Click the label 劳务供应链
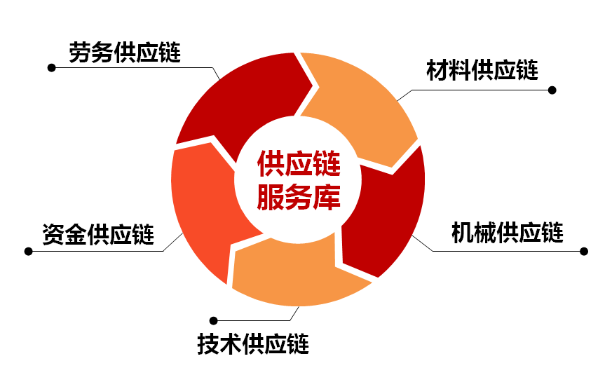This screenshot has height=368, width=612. point(124,53)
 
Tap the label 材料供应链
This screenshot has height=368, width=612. point(482,71)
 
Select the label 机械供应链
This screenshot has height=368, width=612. point(507,232)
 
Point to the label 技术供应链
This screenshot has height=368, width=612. point(252,344)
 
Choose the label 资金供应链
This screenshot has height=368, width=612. point(97,233)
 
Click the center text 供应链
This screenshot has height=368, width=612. point(299,165)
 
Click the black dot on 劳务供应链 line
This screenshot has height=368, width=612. point(51,68)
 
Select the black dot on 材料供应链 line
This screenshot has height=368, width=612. point(552,90)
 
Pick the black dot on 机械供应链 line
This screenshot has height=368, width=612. point(584,251)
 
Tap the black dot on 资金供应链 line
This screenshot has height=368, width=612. point(29,251)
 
